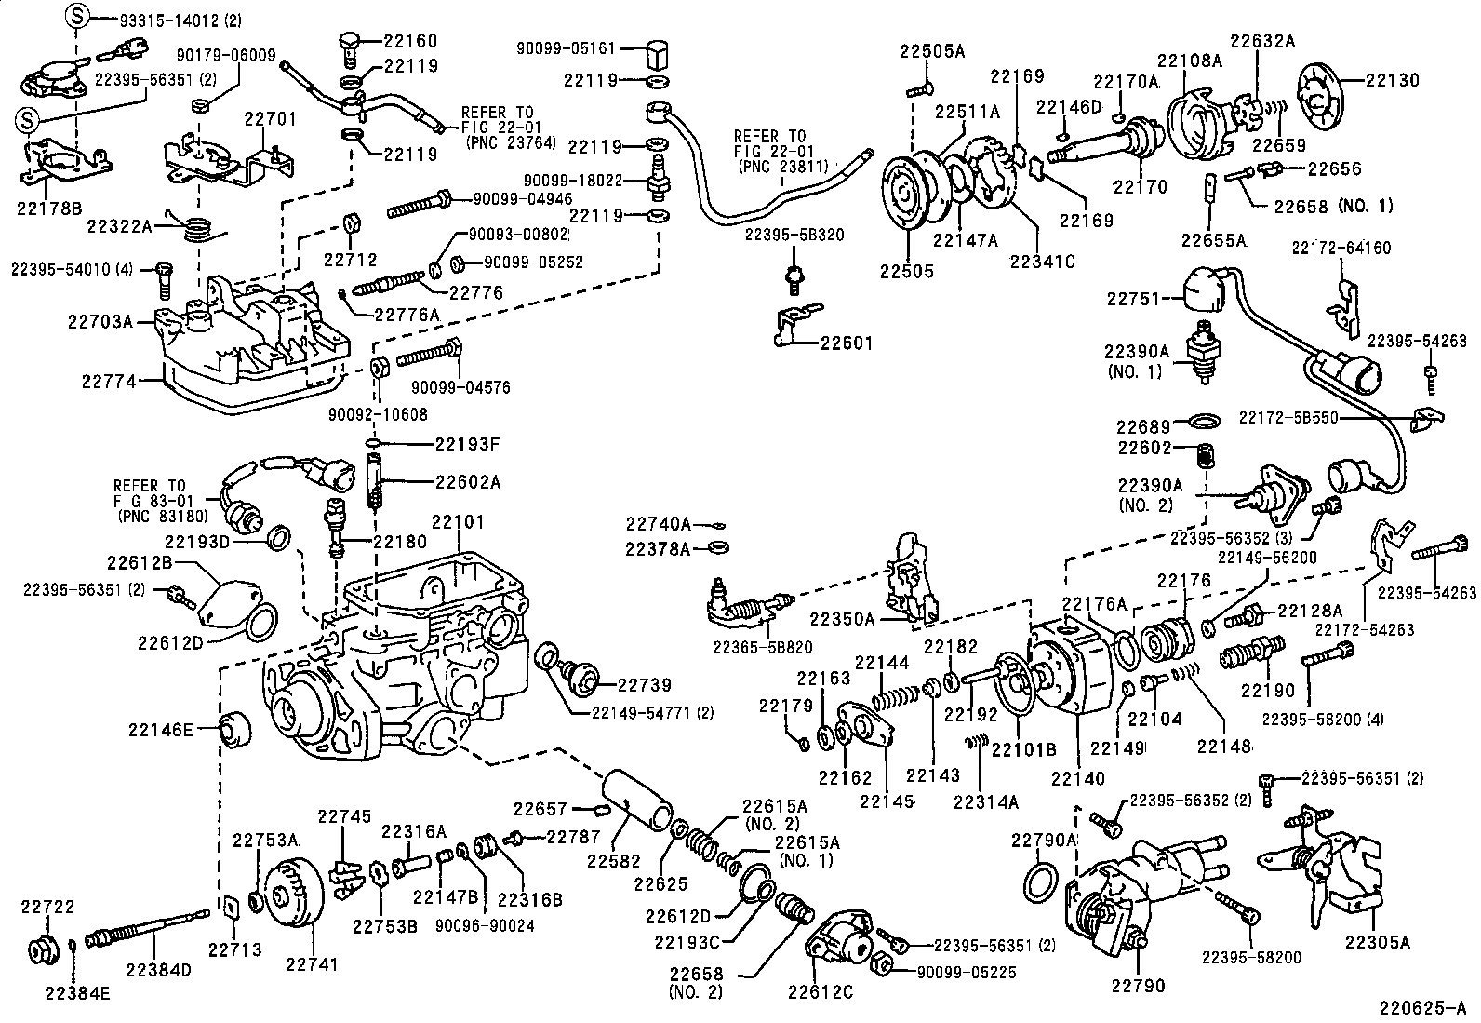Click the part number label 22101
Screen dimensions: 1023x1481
point(458,524)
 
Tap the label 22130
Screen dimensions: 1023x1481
point(1393,80)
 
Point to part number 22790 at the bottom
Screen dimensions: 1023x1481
point(1136,986)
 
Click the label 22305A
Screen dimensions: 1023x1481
point(1377,943)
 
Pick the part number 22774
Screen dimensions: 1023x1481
point(108,381)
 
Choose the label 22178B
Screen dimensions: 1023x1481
point(48,206)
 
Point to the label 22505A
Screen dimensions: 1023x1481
point(932,52)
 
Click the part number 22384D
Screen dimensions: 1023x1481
point(158,969)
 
